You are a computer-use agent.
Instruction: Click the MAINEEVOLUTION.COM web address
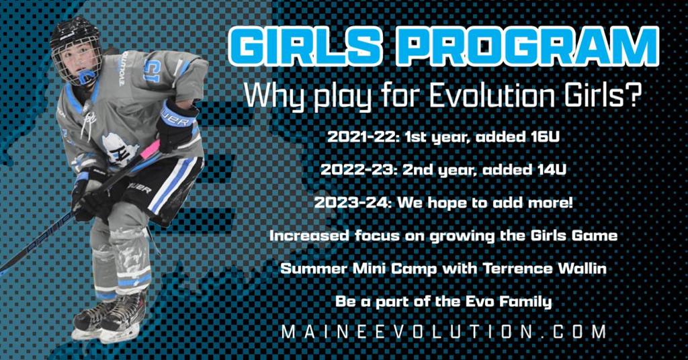(444, 332)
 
